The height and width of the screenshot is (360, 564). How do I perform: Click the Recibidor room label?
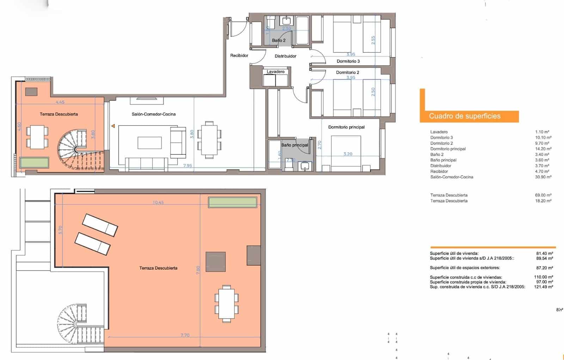[239, 55]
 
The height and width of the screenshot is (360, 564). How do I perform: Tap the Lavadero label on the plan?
[275, 72]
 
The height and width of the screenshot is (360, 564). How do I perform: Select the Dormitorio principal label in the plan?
[346, 127]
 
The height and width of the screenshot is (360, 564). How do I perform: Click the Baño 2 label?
[278, 41]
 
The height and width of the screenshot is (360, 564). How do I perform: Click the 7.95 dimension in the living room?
[188, 165]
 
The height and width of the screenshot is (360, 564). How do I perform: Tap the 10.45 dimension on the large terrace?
[158, 203]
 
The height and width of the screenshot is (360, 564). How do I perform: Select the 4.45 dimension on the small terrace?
[60, 102]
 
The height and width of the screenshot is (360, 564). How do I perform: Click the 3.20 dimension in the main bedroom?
[348, 154]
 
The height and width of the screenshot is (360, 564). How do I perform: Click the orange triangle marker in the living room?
[113, 126]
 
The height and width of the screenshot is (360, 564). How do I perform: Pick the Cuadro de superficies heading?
[465, 116]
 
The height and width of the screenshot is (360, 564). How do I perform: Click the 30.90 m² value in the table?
[543, 177]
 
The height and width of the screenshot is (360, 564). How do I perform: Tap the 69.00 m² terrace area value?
[543, 195]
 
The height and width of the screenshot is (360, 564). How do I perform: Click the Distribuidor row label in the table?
[441, 166]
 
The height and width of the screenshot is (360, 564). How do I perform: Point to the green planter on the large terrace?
[232, 202]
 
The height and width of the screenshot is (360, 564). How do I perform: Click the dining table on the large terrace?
[226, 303]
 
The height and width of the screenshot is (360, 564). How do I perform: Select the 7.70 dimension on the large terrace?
[185, 335]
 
